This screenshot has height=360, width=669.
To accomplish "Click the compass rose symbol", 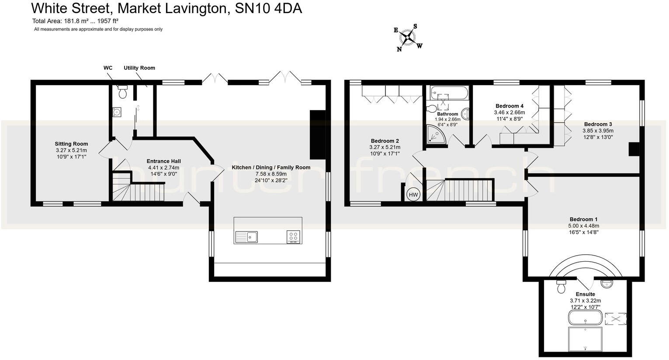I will (408, 37).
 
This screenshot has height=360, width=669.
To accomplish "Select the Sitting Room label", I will (71, 144).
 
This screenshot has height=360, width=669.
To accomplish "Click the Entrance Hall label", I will (163, 161).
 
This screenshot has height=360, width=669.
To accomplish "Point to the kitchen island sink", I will (251, 237).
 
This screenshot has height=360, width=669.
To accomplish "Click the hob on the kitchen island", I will (293, 236).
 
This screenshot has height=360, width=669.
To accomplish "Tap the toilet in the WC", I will (122, 92).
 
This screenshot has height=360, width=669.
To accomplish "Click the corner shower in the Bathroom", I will (436, 135).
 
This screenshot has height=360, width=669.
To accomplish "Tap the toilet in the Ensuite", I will (561, 288).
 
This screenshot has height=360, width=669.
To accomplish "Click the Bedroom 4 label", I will (509, 106).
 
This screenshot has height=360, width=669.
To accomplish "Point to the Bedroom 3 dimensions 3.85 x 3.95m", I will (598, 131).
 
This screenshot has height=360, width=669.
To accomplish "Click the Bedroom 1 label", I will (583, 219).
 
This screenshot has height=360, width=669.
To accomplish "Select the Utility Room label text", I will (139, 68).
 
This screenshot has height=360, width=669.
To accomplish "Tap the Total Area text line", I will (75, 21).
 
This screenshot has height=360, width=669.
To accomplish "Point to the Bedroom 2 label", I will (385, 141).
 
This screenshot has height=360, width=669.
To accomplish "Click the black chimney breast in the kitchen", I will (317, 135).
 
